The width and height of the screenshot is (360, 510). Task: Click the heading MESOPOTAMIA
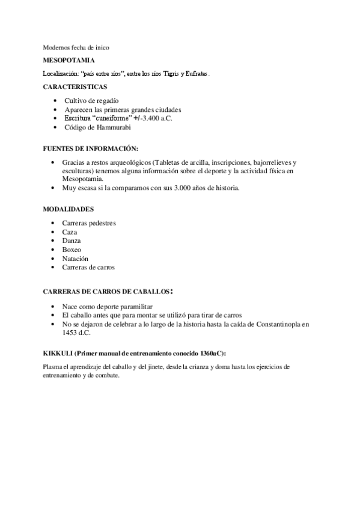coord(69,60)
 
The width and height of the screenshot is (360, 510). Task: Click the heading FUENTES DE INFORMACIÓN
coord(90,148)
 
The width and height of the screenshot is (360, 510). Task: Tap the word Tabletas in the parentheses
coord(169,162)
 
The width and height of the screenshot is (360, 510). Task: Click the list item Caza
coord(69,232)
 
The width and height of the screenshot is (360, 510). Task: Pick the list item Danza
coord(72,241)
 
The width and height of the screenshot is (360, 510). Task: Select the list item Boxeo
coord(72,249)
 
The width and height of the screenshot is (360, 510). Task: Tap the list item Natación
coord(75,258)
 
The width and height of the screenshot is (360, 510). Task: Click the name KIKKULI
coord(58,352)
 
